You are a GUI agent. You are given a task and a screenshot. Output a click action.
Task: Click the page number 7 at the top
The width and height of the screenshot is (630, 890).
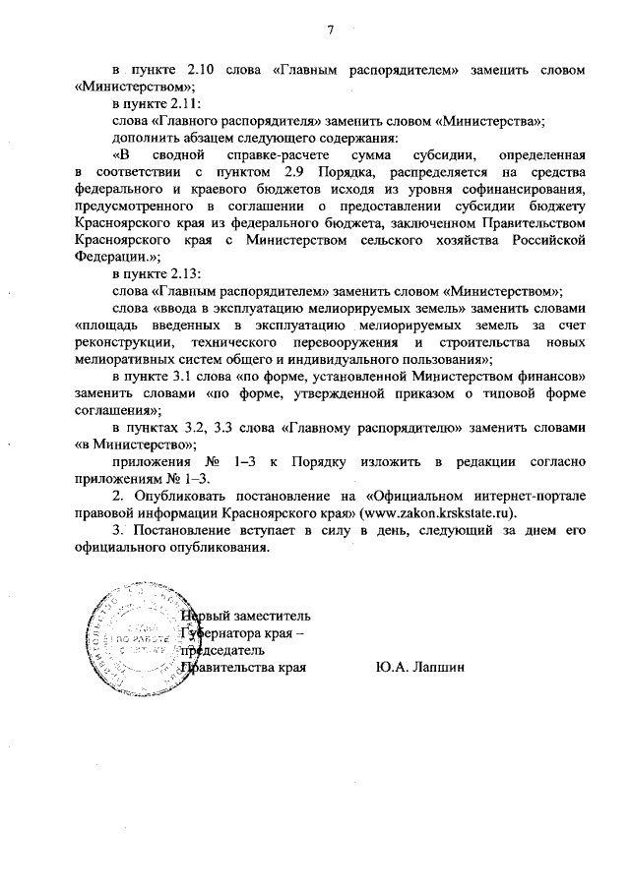click(332, 29)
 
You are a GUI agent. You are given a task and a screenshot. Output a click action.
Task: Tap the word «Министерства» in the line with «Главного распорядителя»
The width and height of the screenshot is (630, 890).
click(492, 122)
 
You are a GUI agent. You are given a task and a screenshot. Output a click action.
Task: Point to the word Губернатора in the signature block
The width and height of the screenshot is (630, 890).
click(224, 634)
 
